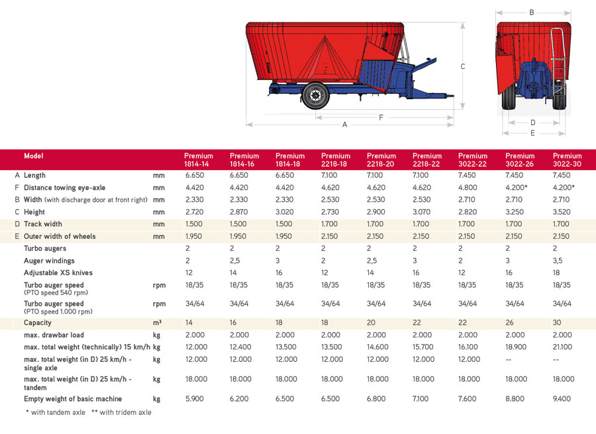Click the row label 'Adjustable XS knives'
58,273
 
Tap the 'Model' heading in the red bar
34,156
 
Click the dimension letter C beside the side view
463,66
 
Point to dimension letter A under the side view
344,124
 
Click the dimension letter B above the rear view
532,12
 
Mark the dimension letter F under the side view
381,117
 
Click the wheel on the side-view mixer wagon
315,95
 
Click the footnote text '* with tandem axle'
56,412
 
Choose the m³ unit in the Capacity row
158,322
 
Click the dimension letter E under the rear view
533,133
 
